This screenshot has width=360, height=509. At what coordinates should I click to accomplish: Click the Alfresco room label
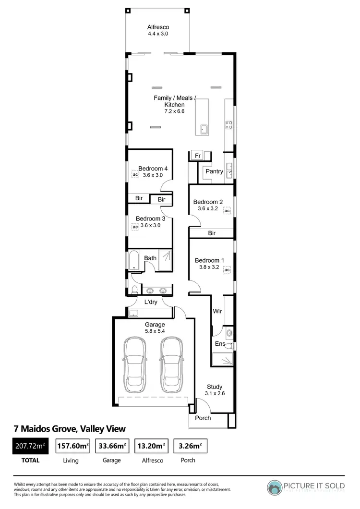click(x=158, y=27)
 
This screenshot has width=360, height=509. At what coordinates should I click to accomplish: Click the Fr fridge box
click(x=197, y=155)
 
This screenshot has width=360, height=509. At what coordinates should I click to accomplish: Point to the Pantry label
click(x=214, y=171)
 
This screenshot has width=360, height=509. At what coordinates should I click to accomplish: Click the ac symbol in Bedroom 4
click(x=135, y=175)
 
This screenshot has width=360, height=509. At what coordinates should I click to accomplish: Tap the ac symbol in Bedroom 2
click(x=227, y=211)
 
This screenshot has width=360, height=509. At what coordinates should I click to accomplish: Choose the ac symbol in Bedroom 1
click(x=227, y=270)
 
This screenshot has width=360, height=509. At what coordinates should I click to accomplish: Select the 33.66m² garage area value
click(x=111, y=447)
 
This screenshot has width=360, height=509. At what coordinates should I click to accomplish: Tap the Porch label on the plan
click(x=203, y=418)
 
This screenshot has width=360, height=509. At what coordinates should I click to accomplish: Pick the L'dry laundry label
click(x=151, y=302)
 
